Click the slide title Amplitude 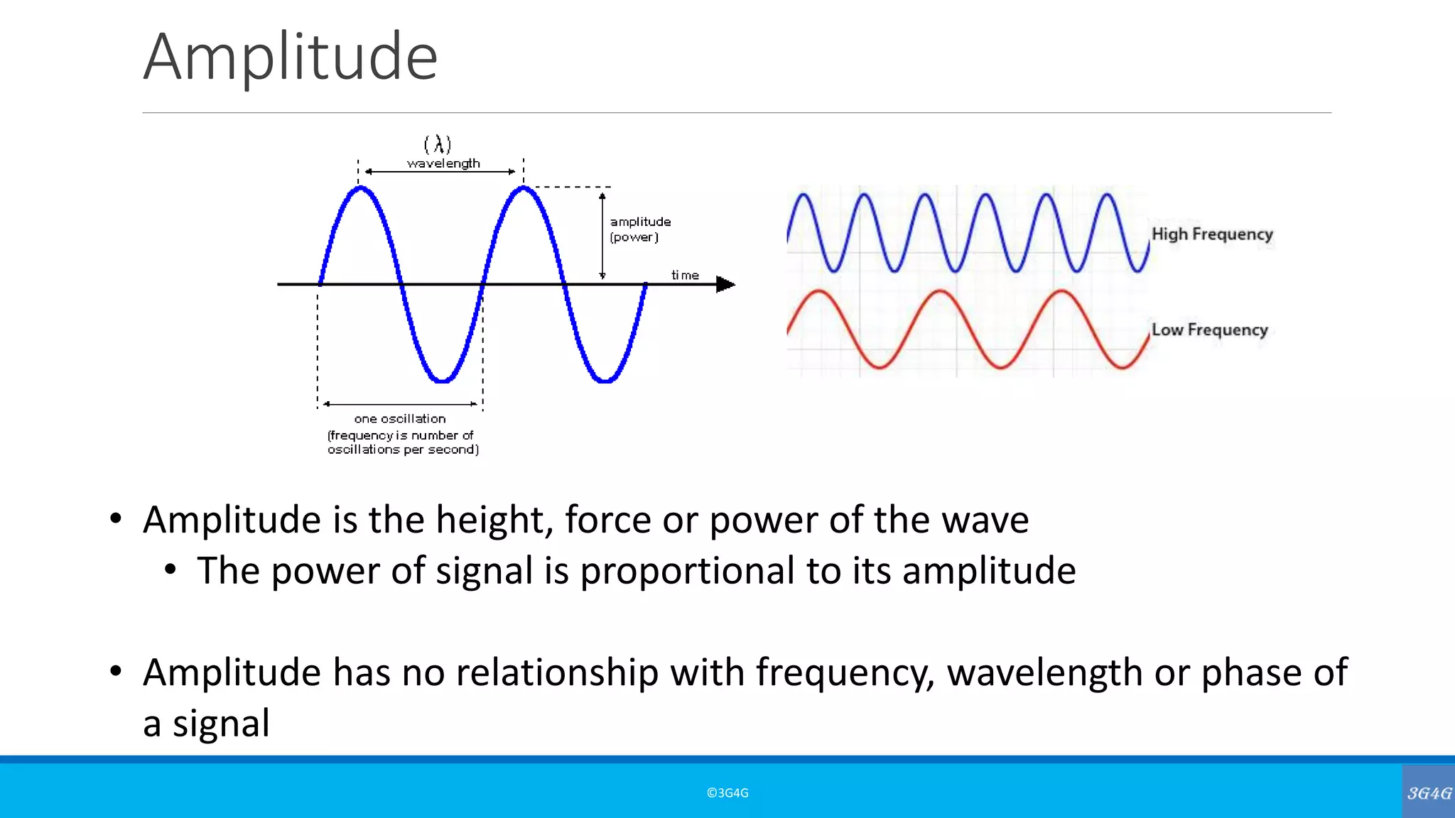[290, 57]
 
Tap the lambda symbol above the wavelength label [438, 145]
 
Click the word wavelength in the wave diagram [443, 163]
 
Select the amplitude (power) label [639, 229]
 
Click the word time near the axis [685, 275]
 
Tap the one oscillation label [400, 419]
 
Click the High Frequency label [1212, 234]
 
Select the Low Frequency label [1209, 330]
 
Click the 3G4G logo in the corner [1429, 792]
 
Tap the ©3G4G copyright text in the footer [727, 793]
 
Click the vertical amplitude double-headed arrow [602, 236]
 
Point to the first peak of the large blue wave [361, 188]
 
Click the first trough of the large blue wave [442, 381]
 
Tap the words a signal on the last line [206, 724]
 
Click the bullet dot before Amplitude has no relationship [116, 671]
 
